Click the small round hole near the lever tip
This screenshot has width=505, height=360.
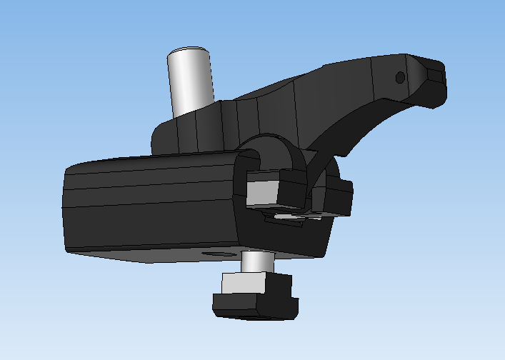click(400, 76)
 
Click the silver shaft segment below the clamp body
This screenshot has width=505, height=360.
click(254, 262)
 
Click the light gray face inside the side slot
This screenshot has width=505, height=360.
click(263, 191)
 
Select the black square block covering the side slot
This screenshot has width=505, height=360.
click(293, 187)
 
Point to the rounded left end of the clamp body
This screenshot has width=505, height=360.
click(69, 207)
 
